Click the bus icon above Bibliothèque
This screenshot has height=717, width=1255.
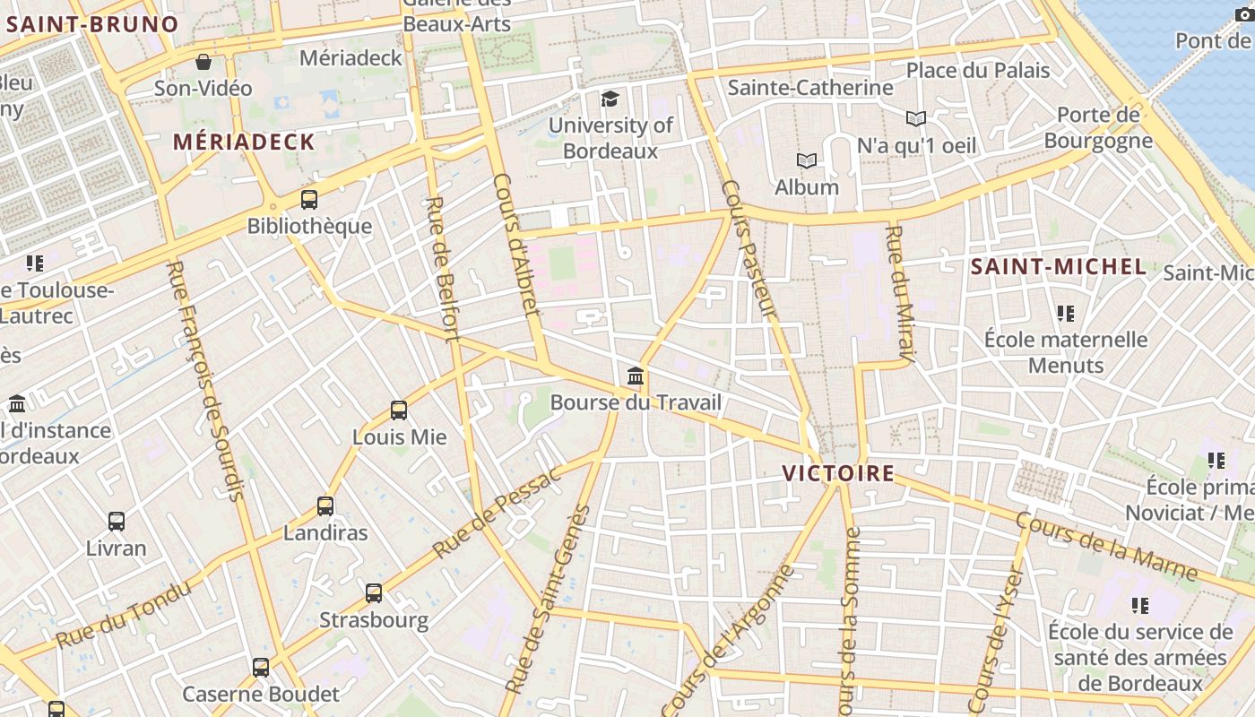tap(309, 200)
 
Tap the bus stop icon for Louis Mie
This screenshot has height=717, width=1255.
tap(399, 410)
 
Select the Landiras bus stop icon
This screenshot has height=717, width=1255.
tap(325, 506)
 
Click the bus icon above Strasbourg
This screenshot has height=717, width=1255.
tap(374, 593)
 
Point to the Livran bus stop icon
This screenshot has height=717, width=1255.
tap(117, 522)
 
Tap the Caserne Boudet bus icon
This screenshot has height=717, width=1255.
tap(261, 668)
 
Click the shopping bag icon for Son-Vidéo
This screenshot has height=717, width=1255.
tap(203, 62)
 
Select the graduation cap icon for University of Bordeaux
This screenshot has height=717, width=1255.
tap(610, 99)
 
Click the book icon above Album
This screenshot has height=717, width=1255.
tap(807, 161)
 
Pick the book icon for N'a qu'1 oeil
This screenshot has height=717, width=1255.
tap(916, 118)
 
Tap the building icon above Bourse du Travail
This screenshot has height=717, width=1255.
tap(636, 376)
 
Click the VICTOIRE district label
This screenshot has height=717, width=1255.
tap(838, 473)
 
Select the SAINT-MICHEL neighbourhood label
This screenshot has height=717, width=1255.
tap(1059, 266)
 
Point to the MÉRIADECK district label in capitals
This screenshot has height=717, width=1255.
tap(244, 142)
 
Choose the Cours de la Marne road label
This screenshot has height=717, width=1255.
tap(1106, 546)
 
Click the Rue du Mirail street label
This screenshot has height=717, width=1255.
tap(899, 295)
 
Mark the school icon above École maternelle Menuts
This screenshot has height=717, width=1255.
tap(1065, 314)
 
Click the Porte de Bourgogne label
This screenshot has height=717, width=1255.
tap(1098, 127)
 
